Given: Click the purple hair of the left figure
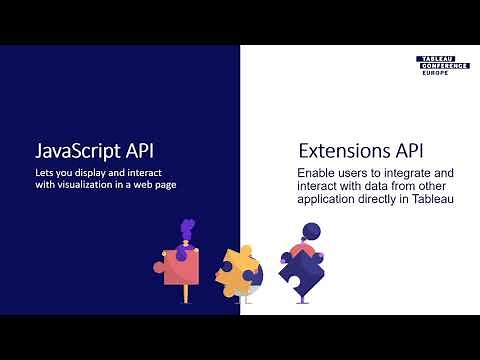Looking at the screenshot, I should click(186, 228).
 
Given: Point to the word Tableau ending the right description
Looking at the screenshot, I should click(431, 200).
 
